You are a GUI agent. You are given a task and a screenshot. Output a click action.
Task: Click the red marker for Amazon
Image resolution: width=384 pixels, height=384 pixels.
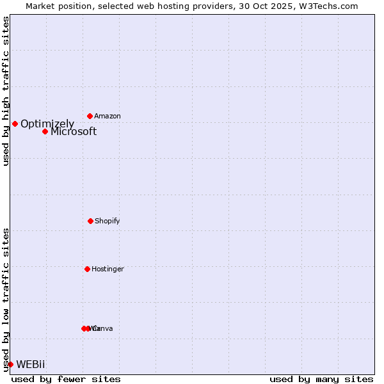[90, 116]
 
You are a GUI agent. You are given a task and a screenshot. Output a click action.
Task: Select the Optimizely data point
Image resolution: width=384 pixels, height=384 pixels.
[15, 124]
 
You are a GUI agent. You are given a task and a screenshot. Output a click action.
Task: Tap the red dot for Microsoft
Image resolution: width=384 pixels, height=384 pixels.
[45, 131]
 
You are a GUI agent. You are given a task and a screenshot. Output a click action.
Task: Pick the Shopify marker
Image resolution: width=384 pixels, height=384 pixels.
[90, 221]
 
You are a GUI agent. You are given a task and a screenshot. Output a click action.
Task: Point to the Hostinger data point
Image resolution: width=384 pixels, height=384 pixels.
[87, 269]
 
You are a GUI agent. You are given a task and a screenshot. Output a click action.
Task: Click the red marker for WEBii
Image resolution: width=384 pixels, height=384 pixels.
[10, 364]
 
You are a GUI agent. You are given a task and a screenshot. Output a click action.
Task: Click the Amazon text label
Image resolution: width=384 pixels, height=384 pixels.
[108, 116]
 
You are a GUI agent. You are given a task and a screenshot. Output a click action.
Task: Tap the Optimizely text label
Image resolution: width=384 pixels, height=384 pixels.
[47, 124]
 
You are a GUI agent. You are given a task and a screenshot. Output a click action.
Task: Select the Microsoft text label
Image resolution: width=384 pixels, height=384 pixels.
[74, 132]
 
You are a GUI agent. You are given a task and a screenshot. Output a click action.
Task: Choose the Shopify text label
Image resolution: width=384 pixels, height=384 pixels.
[108, 221]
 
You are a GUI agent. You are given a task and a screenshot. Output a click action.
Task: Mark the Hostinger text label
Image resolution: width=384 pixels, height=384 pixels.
[108, 269]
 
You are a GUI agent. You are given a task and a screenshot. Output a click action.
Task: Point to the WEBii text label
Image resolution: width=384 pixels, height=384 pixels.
[31, 364]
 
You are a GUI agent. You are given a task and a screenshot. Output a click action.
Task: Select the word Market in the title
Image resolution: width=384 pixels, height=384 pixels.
[40, 6]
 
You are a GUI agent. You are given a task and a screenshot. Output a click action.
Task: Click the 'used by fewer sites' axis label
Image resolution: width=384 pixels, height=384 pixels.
[66, 379]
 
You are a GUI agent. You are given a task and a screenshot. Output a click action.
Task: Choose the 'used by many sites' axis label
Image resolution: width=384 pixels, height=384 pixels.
[321, 379]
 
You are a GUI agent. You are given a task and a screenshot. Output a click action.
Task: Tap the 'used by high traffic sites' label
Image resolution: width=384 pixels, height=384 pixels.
[6, 91]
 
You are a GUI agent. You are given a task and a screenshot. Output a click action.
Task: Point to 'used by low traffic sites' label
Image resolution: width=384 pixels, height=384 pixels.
[6, 300]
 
